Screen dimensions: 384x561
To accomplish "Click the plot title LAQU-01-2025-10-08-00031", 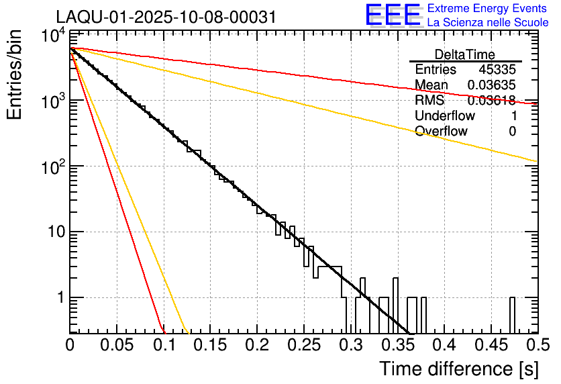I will [165, 17].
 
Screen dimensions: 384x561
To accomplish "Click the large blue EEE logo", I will [393, 16].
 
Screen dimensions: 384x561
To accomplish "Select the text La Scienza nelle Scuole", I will [488, 23].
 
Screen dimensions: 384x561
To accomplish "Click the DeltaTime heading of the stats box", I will [465, 54].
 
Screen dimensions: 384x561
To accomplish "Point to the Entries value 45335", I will [497, 70].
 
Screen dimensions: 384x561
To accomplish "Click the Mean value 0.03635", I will [492, 85].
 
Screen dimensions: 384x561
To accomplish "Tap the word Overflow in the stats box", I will [441, 132].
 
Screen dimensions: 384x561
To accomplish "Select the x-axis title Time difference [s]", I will [458, 369].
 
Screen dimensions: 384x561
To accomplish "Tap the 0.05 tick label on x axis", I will [117, 346].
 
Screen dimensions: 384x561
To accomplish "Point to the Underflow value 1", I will [513, 116].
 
